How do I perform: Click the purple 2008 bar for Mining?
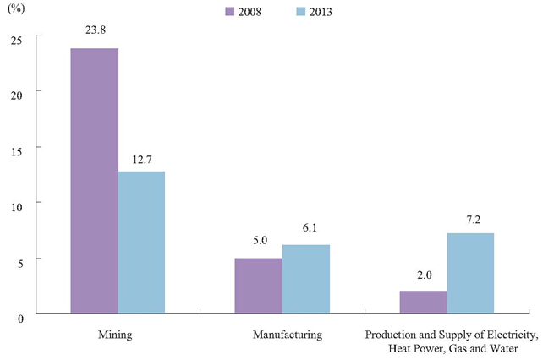pyautogui.click(x=95, y=181)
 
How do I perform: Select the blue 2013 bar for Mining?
pyautogui.click(x=141, y=243)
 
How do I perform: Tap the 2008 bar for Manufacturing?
pyautogui.click(x=259, y=286)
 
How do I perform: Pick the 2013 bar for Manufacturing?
pyautogui.click(x=306, y=279)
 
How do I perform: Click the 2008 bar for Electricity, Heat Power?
pyautogui.click(x=424, y=303)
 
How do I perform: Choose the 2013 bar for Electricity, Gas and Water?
pyautogui.click(x=470, y=273)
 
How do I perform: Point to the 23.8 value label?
pyautogui.click(x=96, y=30)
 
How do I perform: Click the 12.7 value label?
pyautogui.click(x=142, y=160)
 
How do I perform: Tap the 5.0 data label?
pyautogui.click(x=260, y=240)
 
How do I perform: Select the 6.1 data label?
pyautogui.click(x=310, y=227)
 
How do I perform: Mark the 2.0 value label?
pyautogui.click(x=425, y=275)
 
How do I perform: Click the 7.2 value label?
pyautogui.click(x=474, y=220)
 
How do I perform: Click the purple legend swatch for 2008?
pyautogui.click(x=229, y=12)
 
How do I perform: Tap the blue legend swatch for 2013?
pyautogui.click(x=301, y=12)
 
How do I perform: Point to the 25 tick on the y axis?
pyautogui.click(x=17, y=41)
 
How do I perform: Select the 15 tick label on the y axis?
pyautogui.click(x=17, y=151)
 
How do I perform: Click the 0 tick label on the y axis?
pyautogui.click(x=20, y=319)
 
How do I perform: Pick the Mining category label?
pyautogui.click(x=115, y=335)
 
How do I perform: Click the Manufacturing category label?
pyautogui.click(x=288, y=335)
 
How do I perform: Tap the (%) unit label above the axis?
pyautogui.click(x=16, y=8)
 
